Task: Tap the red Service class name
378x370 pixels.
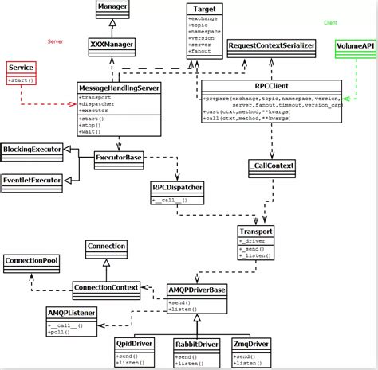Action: pos(22,69)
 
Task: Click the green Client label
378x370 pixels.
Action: pos(330,23)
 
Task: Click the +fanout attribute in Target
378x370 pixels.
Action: pos(200,53)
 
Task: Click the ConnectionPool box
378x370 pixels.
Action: pos(30,261)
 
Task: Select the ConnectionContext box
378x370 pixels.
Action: pos(106,287)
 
